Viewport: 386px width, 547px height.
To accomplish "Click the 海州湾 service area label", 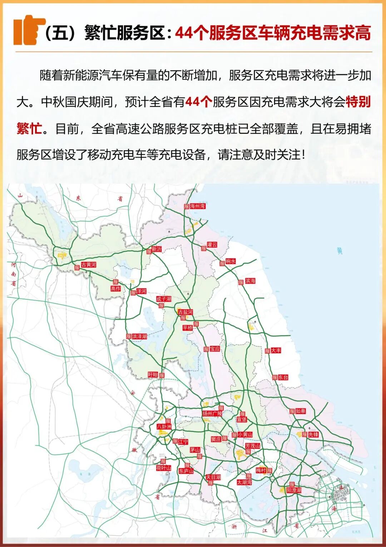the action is pyautogui.click(x=197, y=206).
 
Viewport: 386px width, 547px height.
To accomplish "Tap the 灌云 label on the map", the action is pyautogui.click(x=212, y=245).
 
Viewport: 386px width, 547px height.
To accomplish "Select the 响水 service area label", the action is pyautogui.click(x=231, y=261).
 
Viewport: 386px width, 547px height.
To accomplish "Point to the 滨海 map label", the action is pyautogui.click(x=250, y=281).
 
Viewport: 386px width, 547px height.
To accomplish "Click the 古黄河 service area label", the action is pyautogui.click(x=88, y=265).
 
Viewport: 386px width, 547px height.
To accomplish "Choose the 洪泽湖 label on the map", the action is pyautogui.click(x=139, y=337).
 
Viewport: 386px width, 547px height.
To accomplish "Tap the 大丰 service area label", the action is pyautogui.click(x=276, y=350).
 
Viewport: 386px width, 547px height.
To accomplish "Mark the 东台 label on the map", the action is pyautogui.click(x=283, y=377).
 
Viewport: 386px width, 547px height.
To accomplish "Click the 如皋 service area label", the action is pyautogui.click(x=300, y=411).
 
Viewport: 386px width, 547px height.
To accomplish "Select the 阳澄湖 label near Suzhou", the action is pyautogui.click(x=294, y=490).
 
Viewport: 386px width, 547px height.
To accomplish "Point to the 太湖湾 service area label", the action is pyautogui.click(x=244, y=482).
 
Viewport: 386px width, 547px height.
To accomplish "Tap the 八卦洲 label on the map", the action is pyautogui.click(x=164, y=426).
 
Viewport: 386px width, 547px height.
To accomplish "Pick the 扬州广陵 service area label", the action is pyautogui.click(x=212, y=413).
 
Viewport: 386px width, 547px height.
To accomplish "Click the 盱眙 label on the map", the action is pyautogui.click(x=153, y=375).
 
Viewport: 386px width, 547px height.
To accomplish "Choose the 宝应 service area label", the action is pyautogui.click(x=215, y=349).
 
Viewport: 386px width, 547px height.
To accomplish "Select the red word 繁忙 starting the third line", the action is pyautogui.click(x=29, y=129).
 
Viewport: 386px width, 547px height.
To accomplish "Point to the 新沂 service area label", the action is pyautogui.click(x=157, y=249).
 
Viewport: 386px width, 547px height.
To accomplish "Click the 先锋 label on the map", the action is pyautogui.click(x=313, y=434).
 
